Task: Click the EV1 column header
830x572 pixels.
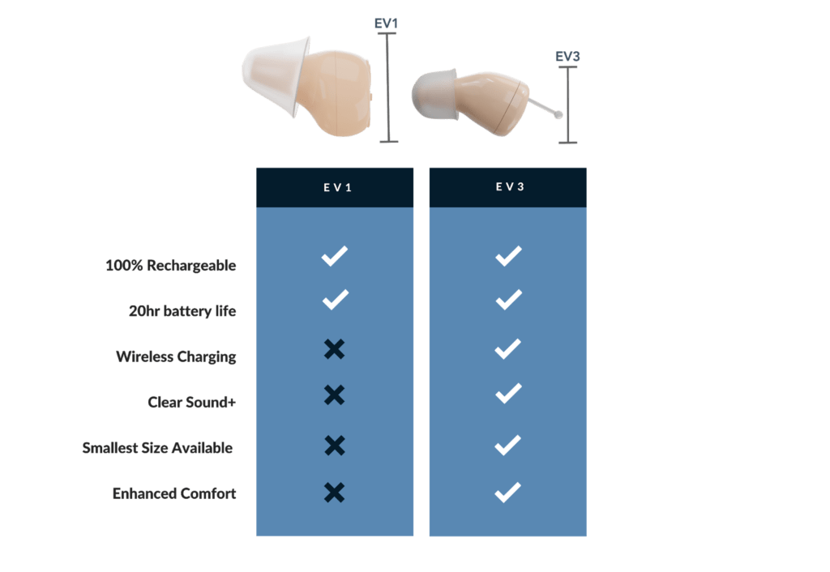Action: click(x=335, y=187)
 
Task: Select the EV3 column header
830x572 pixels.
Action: click(x=507, y=187)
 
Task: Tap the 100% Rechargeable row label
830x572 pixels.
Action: click(x=171, y=266)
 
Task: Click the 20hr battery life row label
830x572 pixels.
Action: click(x=182, y=311)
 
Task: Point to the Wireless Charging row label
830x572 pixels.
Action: click(x=176, y=356)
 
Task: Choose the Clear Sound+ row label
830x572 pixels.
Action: click(x=192, y=402)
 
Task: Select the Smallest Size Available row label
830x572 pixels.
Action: click(x=157, y=448)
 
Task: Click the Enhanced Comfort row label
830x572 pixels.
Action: click(x=174, y=493)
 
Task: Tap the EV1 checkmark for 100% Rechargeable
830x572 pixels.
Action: click(x=334, y=256)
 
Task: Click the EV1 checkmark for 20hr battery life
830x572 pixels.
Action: click(x=334, y=300)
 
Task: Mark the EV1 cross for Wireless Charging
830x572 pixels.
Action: click(x=334, y=349)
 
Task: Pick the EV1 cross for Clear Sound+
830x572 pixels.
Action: click(x=334, y=395)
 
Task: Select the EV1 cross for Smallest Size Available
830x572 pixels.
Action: click(x=334, y=445)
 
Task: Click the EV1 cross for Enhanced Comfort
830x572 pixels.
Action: click(x=334, y=492)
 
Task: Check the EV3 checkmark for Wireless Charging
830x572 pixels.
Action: click(x=507, y=349)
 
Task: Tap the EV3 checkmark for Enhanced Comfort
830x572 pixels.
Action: click(x=507, y=492)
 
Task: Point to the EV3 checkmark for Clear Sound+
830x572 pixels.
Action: click(x=507, y=395)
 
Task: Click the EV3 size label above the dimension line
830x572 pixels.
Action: click(x=567, y=57)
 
